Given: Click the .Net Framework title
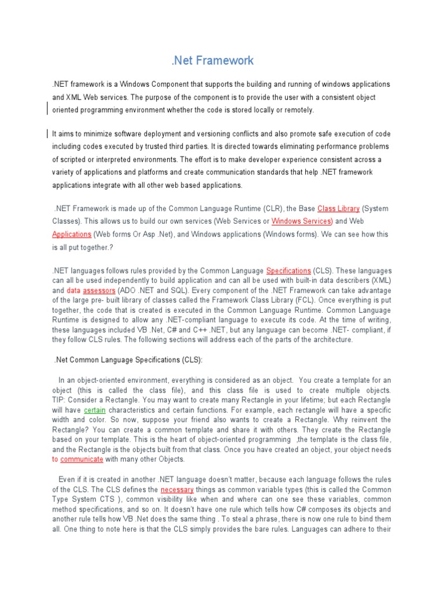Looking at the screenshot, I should [213, 60].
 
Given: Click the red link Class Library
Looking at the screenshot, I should [339, 208].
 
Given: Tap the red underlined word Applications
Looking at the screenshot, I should [72, 234].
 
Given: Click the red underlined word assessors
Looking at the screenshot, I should [99, 290].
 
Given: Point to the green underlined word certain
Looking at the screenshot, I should [94, 410].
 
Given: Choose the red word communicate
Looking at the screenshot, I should [82, 459].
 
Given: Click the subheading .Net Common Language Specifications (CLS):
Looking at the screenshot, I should [128, 360].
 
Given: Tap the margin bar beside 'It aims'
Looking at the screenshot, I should [46, 134].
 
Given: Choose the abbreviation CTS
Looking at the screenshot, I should [101, 499].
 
